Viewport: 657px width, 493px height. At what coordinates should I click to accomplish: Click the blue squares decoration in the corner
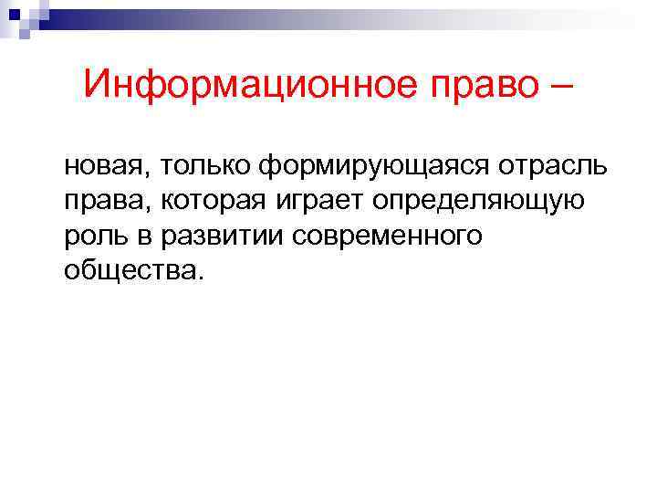click(x=19, y=17)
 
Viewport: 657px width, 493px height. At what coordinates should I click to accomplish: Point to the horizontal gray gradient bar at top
click(x=347, y=16)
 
